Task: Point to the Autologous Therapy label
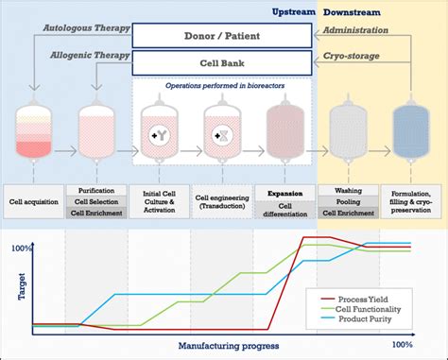(x=87, y=29)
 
